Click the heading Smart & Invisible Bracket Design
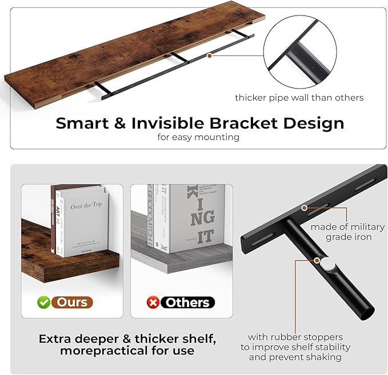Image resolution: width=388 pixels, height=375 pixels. (x=199, y=122)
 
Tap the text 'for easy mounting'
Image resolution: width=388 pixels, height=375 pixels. (x=198, y=137)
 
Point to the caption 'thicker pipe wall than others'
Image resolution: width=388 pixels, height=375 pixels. (x=299, y=98)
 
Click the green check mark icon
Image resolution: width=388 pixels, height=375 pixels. (x=43, y=302)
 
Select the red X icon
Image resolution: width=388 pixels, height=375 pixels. (x=153, y=302)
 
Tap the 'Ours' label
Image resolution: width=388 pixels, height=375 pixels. (x=72, y=302)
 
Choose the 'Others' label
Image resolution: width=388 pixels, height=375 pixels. (x=187, y=302)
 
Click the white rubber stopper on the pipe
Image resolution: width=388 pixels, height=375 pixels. (x=327, y=264)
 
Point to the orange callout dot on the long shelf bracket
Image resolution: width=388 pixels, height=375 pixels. (x=210, y=55)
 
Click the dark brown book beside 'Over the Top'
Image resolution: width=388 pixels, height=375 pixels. (x=55, y=220)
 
